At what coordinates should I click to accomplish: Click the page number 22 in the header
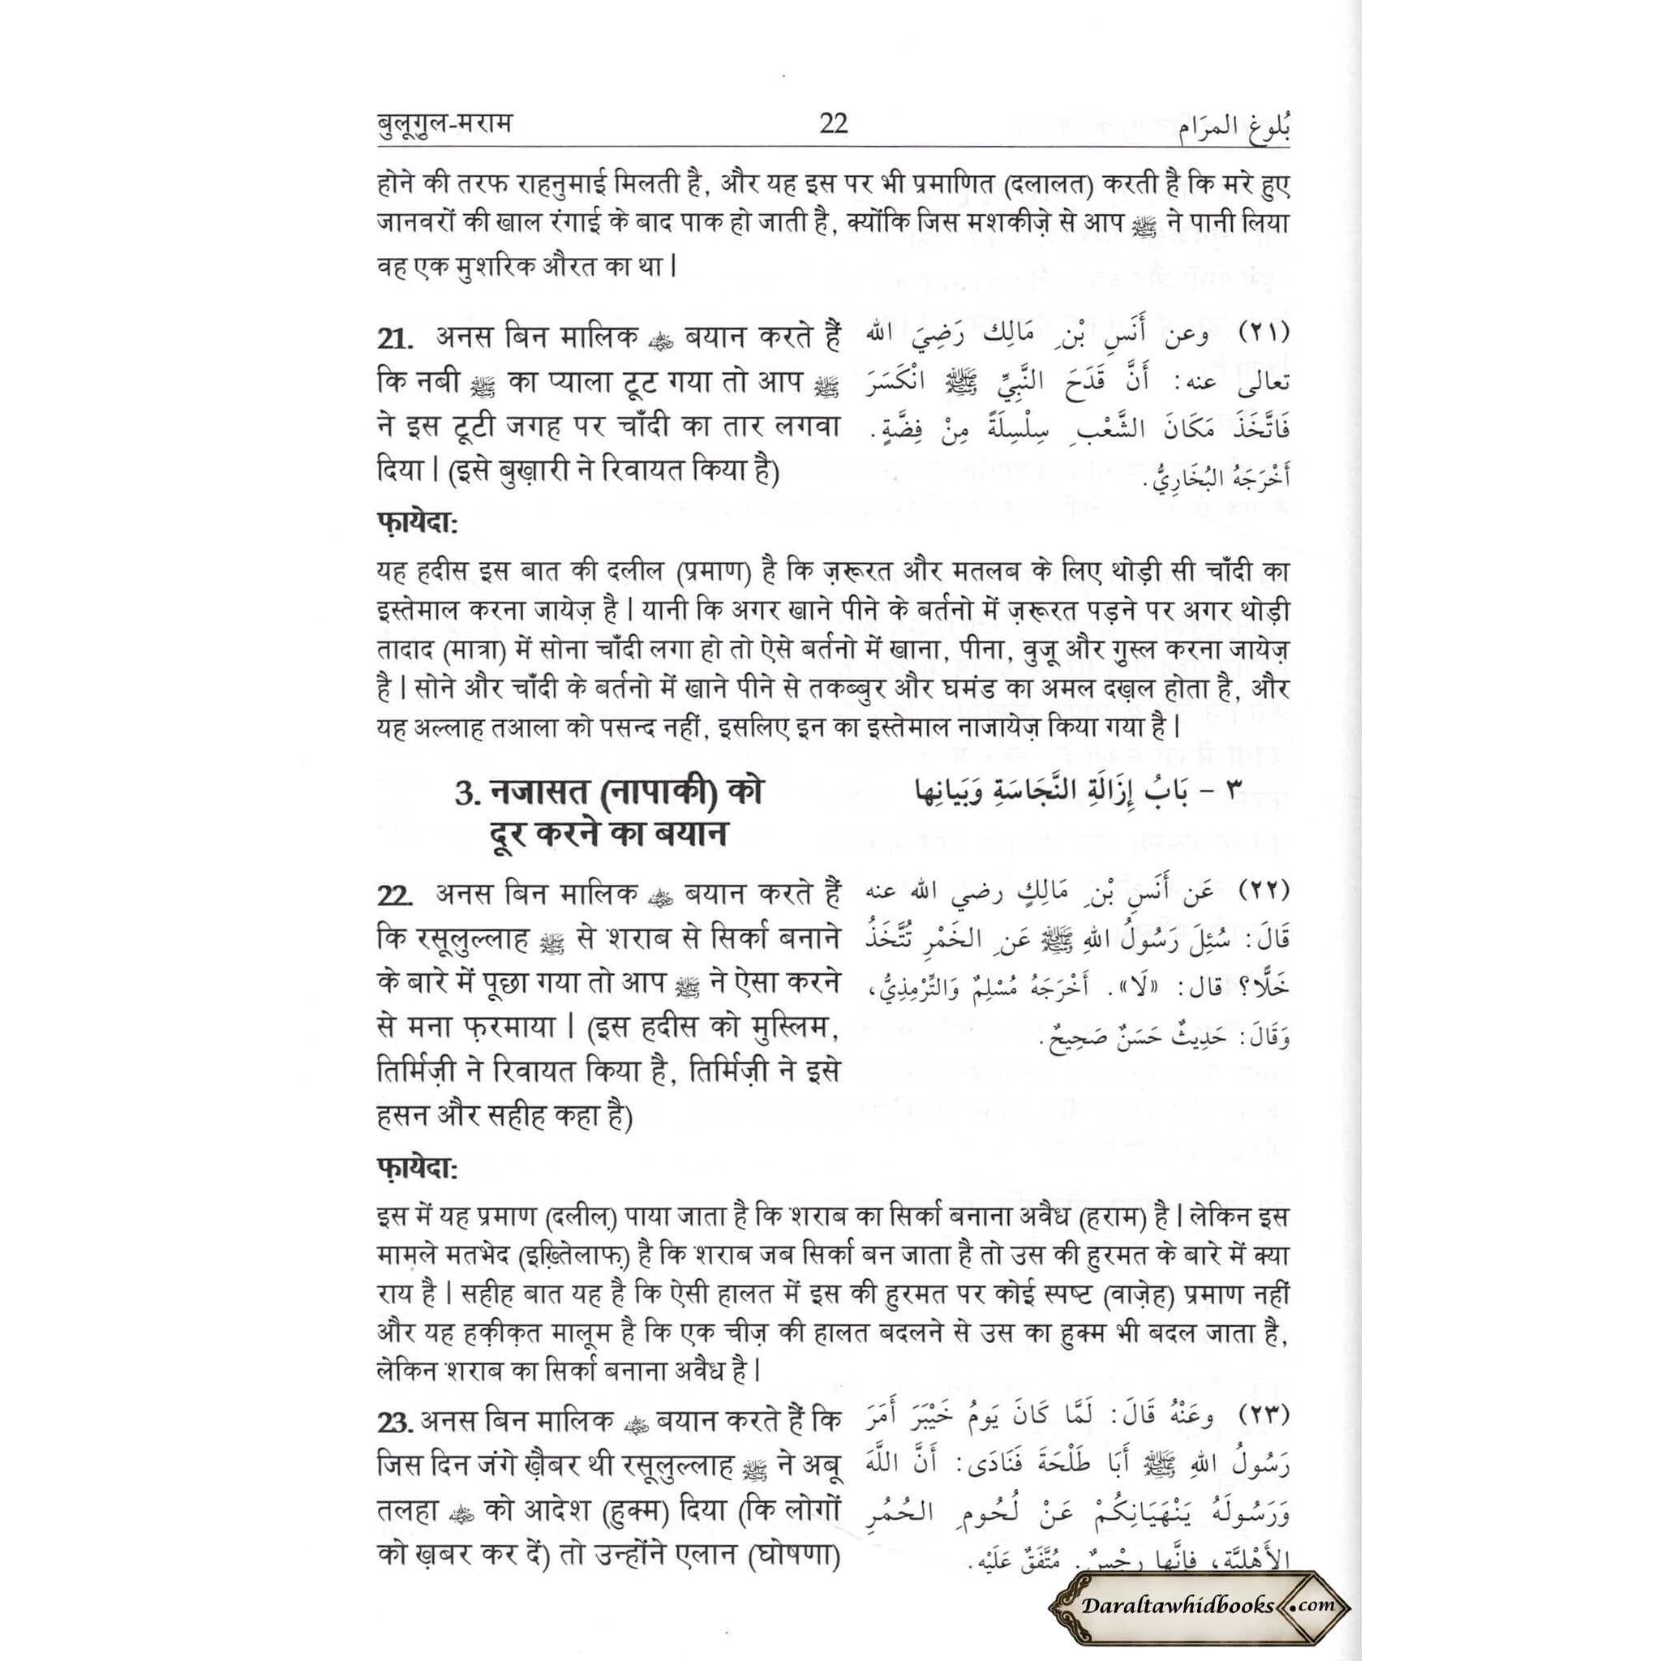(x=833, y=124)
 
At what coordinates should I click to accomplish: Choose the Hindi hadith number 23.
(x=397, y=1421)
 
